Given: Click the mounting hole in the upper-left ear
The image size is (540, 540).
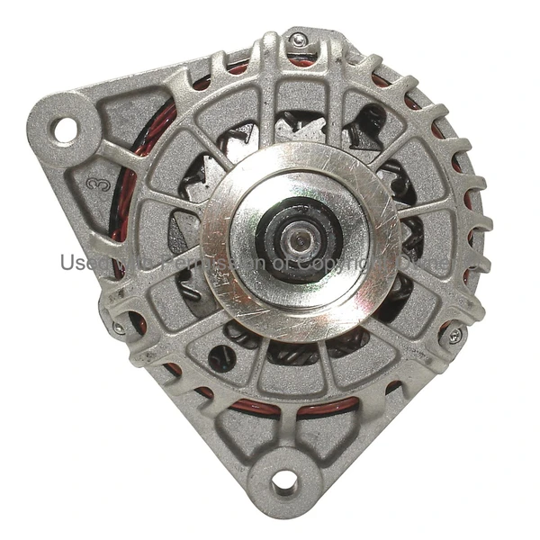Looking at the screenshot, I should pyautogui.click(x=65, y=130).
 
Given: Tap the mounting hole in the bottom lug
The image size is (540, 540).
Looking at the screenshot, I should pyautogui.click(x=284, y=481).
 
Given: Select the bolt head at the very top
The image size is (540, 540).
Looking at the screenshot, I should pyautogui.click(x=298, y=40).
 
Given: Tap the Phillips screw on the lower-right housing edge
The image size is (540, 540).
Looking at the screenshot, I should pyautogui.click(x=454, y=335).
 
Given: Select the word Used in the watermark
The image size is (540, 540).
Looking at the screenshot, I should pyautogui.click(x=79, y=262).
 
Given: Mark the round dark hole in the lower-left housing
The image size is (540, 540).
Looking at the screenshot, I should pyautogui.click(x=220, y=358).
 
